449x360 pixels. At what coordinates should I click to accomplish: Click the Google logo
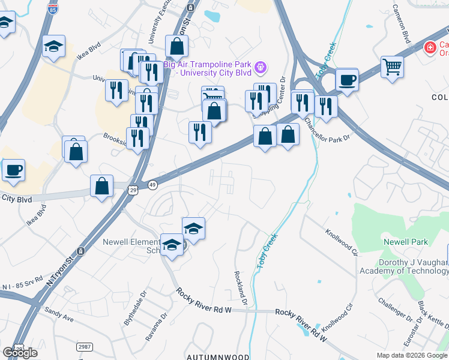20,353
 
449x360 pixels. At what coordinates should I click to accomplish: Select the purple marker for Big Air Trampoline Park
260,67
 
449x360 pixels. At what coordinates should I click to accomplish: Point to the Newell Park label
406,242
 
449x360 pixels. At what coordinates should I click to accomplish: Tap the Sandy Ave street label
59,314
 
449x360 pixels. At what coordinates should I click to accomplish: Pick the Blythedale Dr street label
134,309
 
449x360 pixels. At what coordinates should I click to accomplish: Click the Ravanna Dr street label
155,327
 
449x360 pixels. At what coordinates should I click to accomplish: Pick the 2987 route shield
85,346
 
